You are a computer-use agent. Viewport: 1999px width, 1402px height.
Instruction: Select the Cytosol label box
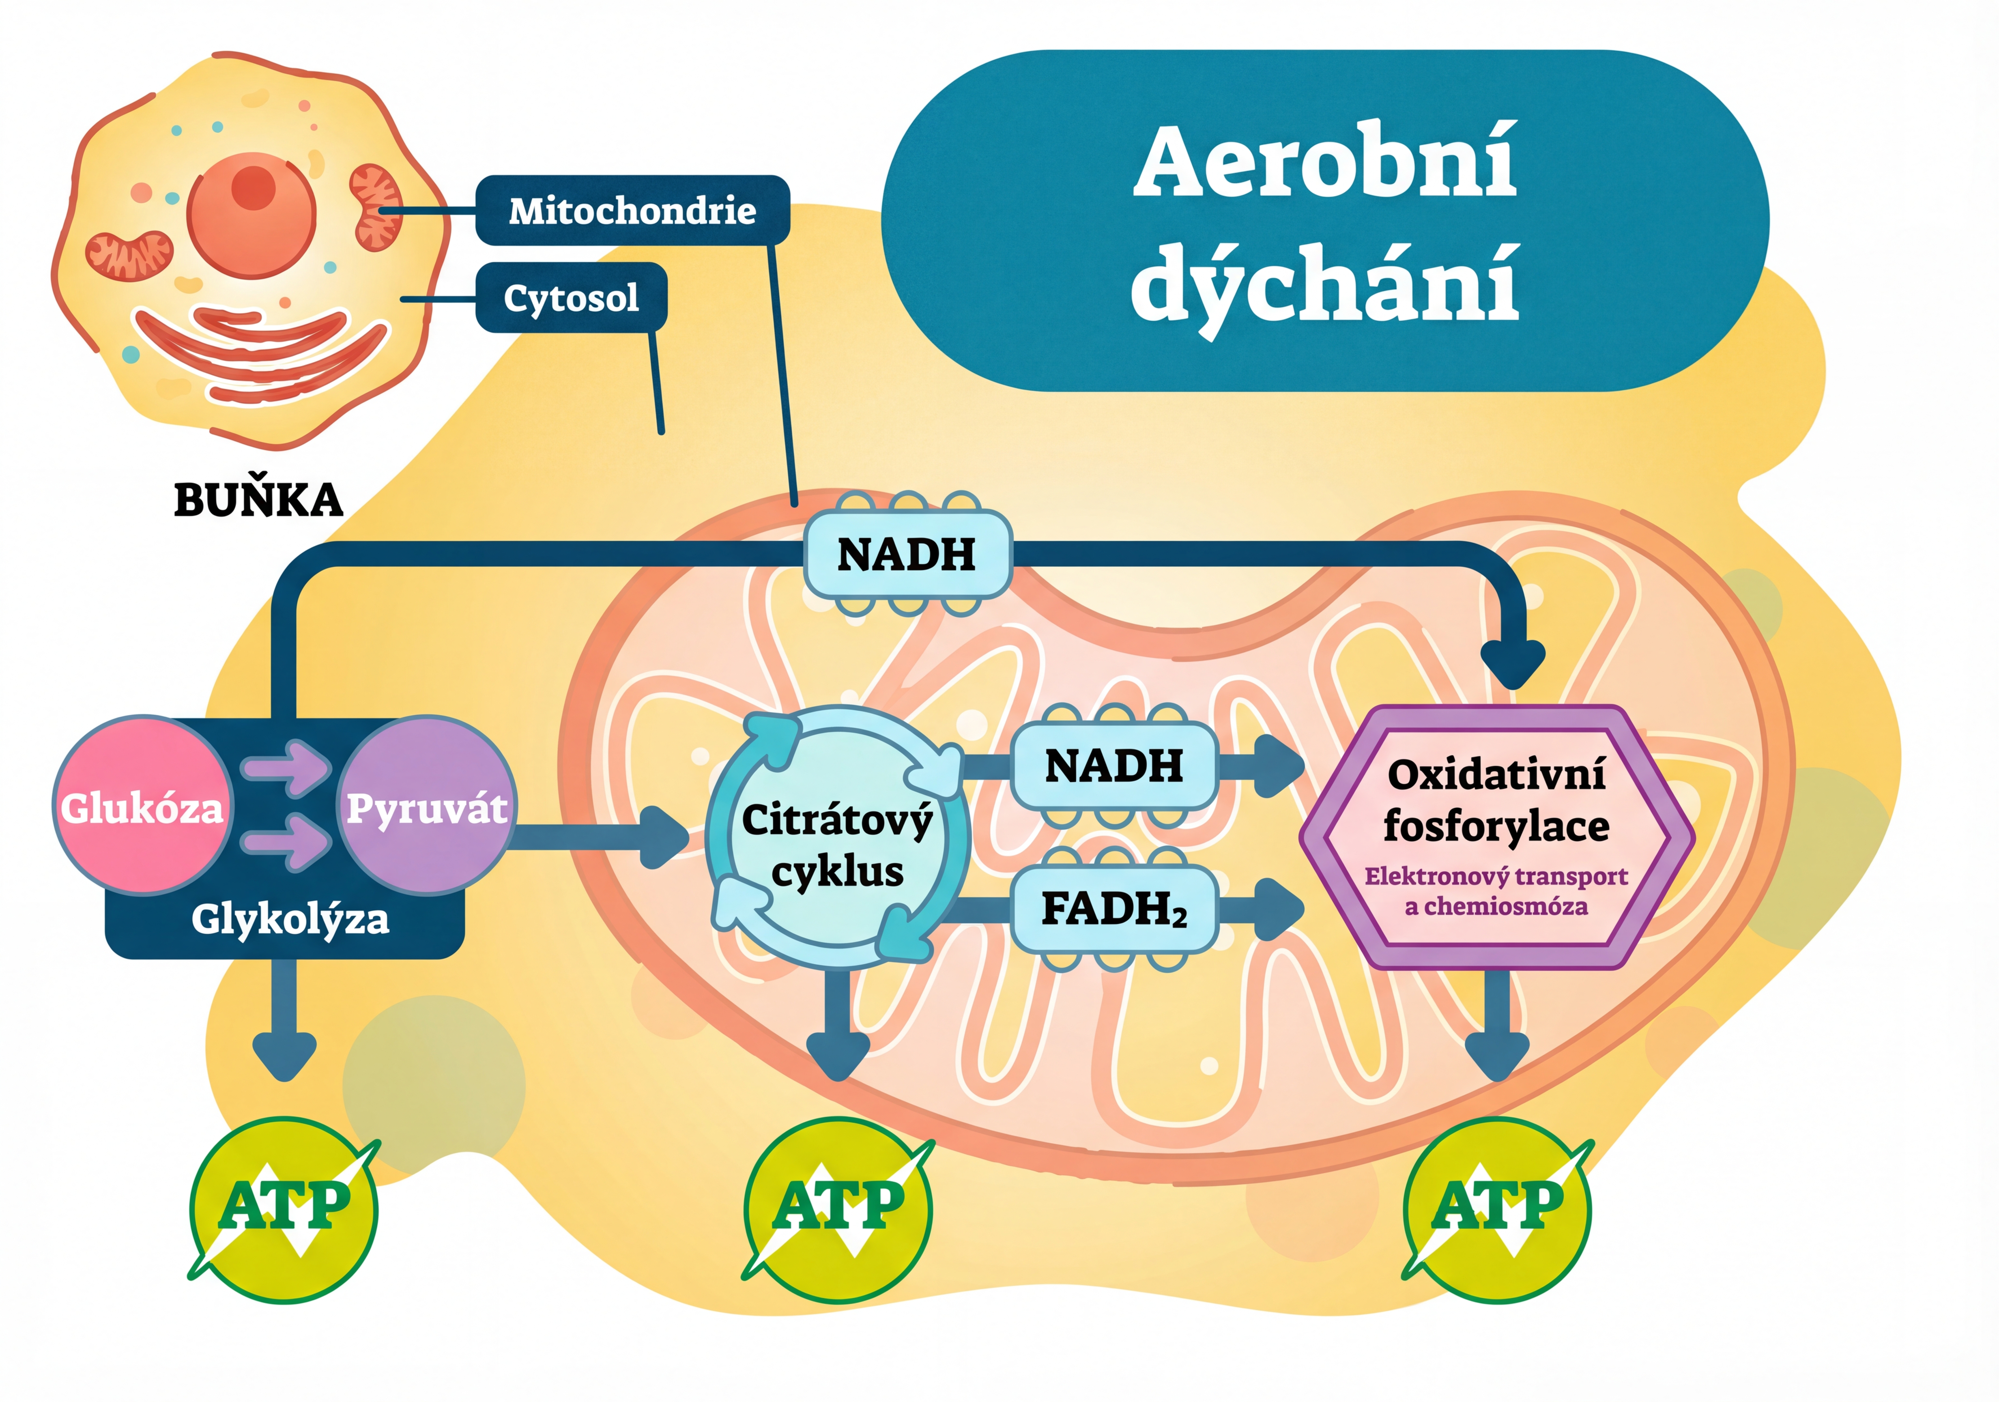(x=571, y=298)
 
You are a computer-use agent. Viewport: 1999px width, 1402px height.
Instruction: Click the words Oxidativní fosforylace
(x=1496, y=800)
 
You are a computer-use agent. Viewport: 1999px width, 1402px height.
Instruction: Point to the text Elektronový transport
(x=1496, y=876)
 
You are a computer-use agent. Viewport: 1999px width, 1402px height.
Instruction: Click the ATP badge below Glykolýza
(x=284, y=1208)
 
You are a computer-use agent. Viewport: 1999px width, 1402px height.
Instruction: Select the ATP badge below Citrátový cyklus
(x=838, y=1208)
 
